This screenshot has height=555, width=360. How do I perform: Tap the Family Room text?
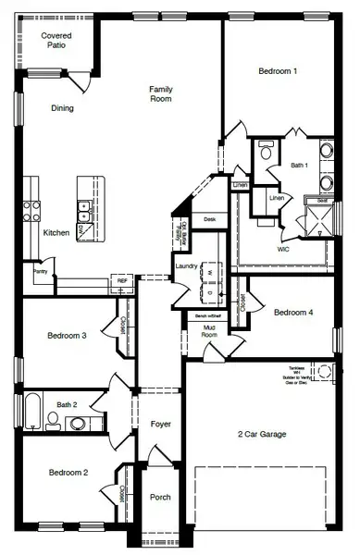[162, 93]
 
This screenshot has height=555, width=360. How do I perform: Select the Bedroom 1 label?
[277, 71]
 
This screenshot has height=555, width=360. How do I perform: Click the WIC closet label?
[284, 249]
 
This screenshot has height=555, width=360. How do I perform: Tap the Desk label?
[210, 219]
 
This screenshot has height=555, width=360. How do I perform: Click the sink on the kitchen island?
[83, 209]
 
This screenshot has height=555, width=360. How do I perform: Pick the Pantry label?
[40, 272]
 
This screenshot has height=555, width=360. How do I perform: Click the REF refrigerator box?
[121, 279]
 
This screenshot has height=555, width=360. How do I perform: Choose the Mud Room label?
[210, 330]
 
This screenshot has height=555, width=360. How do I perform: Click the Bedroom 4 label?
[293, 313]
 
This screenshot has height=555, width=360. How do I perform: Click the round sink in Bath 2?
[78, 424]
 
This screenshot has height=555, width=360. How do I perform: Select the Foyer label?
[161, 424]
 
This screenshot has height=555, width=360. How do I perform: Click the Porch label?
[160, 497]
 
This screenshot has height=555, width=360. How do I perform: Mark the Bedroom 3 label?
[67, 335]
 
